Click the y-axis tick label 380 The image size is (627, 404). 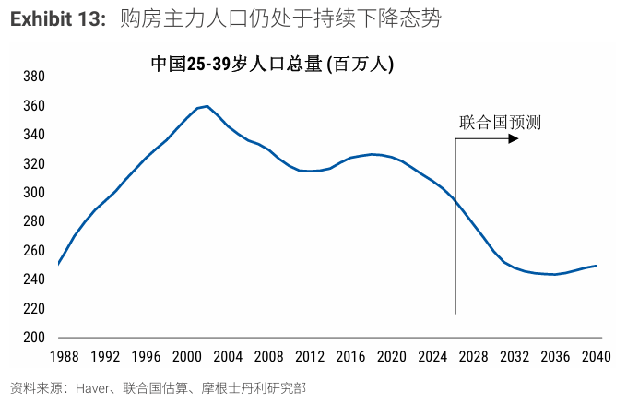pos(33,77)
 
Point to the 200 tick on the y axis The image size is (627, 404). pos(33,337)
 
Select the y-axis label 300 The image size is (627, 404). pos(33,193)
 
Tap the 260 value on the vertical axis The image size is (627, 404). pos(33,251)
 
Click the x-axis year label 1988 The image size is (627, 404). pos(64,357)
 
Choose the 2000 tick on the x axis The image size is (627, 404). pos(186,357)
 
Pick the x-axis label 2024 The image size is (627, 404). pos(432,357)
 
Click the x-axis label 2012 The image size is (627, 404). pos(310,357)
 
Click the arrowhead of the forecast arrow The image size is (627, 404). pos(515,139)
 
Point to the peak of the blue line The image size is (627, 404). pos(207,106)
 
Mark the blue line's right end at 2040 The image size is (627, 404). pos(597,266)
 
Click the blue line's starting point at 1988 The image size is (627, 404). pos(58,265)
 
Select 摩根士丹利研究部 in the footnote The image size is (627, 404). pos(262,388)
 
